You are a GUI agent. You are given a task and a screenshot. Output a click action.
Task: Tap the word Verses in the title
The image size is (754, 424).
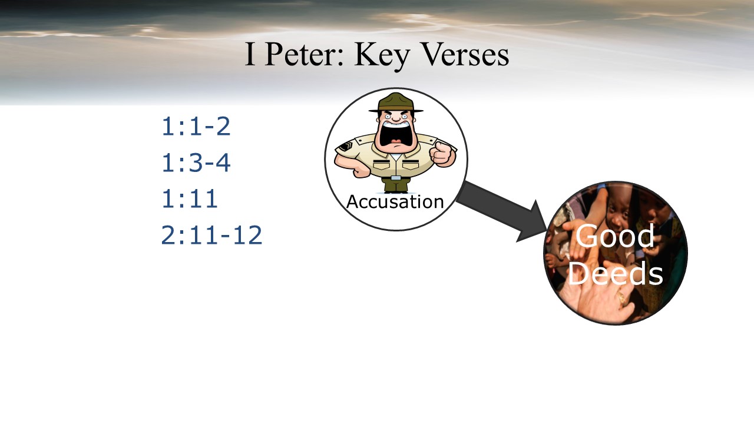point(465,54)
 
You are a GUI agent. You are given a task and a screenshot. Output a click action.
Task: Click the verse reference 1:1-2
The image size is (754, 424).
point(196,127)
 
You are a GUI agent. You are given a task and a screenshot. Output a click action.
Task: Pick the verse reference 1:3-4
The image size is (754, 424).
point(196,163)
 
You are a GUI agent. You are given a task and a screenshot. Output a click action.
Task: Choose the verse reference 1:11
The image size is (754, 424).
point(190,199)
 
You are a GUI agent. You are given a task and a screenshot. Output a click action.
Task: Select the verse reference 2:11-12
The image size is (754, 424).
point(211,235)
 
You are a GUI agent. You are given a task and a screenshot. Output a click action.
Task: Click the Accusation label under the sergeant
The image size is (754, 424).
point(395,202)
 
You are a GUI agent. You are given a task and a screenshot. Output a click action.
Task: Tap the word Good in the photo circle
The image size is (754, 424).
point(615,236)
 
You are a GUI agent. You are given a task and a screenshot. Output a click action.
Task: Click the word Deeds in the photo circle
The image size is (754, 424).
point(616,273)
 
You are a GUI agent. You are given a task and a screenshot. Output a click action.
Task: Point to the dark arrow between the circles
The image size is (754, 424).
point(501,211)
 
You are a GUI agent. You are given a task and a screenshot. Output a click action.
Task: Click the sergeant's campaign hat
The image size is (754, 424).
point(396,102)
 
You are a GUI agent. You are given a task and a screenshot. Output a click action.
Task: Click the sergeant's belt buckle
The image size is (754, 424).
point(396,178)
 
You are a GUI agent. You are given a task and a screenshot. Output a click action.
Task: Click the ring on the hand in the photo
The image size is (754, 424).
point(621,297)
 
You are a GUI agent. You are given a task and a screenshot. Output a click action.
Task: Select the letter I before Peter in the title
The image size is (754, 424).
point(249,54)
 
